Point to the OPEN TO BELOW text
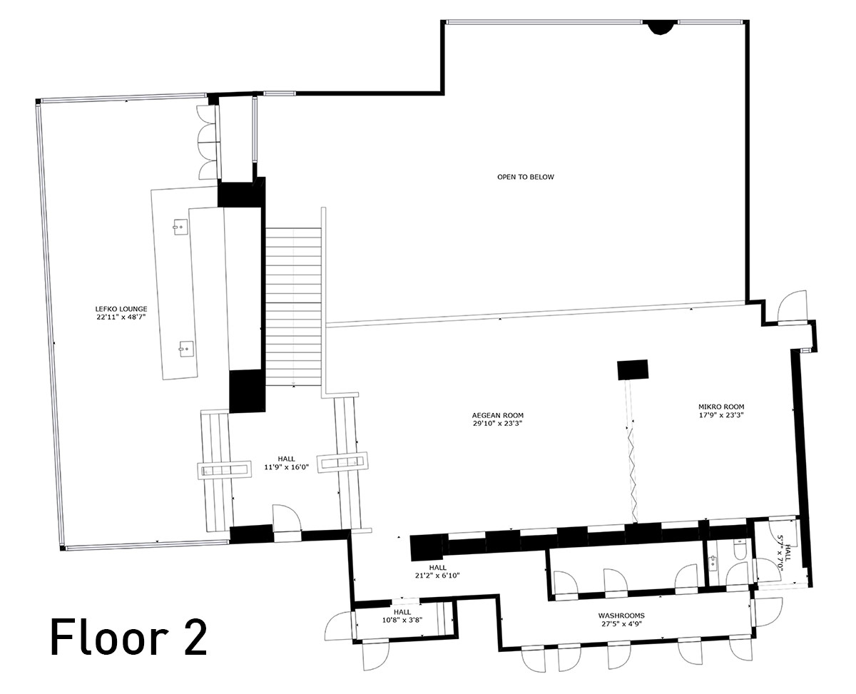coord(526,177)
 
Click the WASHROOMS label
coord(621,615)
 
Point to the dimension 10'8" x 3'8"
coord(402,620)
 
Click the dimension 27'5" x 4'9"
coord(621,623)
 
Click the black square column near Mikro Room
coord(632,369)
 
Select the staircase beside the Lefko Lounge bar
coord(293,307)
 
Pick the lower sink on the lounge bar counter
coord(187,348)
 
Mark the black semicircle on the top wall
coord(661,26)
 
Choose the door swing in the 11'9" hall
coord(287,518)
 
